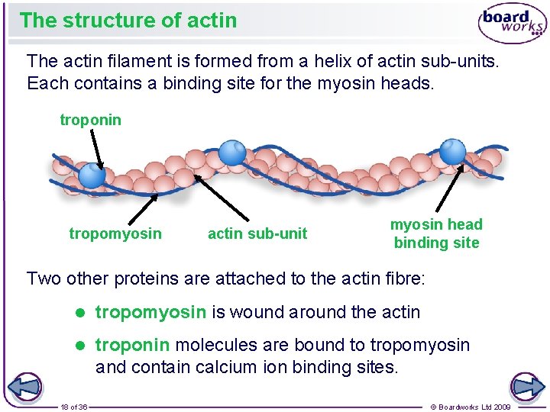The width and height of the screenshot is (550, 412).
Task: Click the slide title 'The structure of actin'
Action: click(128, 20)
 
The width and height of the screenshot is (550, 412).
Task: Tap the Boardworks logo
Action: click(512, 23)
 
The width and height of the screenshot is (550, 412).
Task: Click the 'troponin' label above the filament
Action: click(90, 120)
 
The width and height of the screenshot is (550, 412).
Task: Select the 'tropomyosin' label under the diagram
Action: click(115, 233)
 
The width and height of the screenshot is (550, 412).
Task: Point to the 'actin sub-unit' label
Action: click(257, 233)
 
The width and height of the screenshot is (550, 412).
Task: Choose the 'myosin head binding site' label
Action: click(436, 233)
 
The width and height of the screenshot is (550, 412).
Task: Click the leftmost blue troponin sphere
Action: click(92, 176)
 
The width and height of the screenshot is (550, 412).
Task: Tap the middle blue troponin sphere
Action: click(231, 153)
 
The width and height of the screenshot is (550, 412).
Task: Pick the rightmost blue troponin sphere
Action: click(452, 151)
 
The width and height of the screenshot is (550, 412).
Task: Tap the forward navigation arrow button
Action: click(525, 387)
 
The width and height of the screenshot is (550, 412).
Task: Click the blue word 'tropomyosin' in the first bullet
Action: click(150, 312)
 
